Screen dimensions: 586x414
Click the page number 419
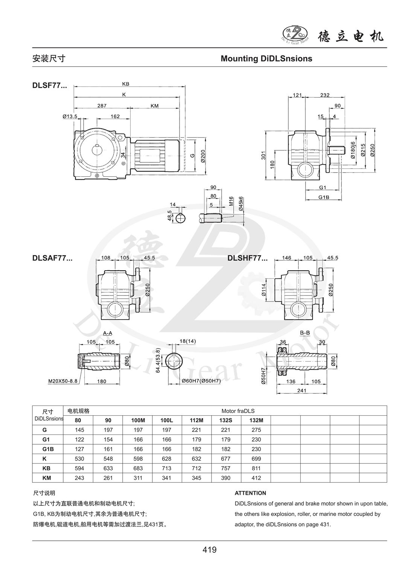click(x=209, y=550)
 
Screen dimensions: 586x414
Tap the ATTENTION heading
click(x=250, y=493)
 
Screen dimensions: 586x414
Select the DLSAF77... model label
click(x=52, y=258)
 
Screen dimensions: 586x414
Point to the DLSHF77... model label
click(x=247, y=258)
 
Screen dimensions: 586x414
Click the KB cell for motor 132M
click(x=256, y=468)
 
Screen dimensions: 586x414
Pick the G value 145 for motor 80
click(x=79, y=430)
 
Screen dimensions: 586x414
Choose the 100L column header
click(x=166, y=420)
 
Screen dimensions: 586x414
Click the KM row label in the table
click(x=47, y=478)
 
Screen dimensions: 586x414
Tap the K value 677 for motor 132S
click(x=226, y=459)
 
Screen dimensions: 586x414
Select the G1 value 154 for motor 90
click(x=108, y=439)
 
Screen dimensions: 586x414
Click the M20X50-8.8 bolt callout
click(x=63, y=381)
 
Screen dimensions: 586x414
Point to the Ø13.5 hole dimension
click(x=70, y=116)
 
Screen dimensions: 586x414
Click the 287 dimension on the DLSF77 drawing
click(x=102, y=106)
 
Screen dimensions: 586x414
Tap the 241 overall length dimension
click(x=301, y=390)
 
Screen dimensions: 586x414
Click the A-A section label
click(x=107, y=333)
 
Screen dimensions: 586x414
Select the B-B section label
click(x=305, y=333)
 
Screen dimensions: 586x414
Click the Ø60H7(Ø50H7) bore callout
click(x=201, y=381)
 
